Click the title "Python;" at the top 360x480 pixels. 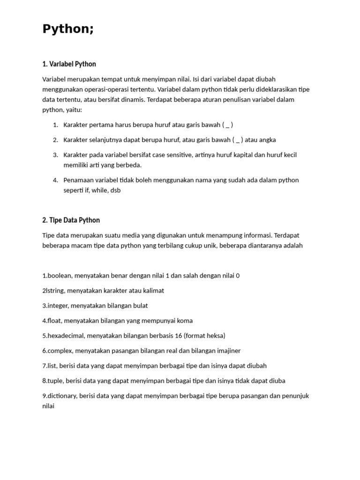pyautogui.click(x=68, y=29)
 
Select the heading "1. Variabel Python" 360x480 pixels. pyautogui.click(x=69, y=64)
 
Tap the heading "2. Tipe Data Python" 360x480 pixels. pyautogui.click(x=71, y=220)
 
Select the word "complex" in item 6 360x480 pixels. pyautogui.click(x=60, y=351)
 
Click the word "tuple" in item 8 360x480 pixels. pyautogui.click(x=55, y=381)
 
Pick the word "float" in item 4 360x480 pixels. pyautogui.click(x=54, y=321)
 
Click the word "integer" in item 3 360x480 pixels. pyautogui.click(x=58, y=306)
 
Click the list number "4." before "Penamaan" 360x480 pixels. pyautogui.click(x=55, y=180)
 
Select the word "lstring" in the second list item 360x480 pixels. pyautogui.click(x=55, y=291)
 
